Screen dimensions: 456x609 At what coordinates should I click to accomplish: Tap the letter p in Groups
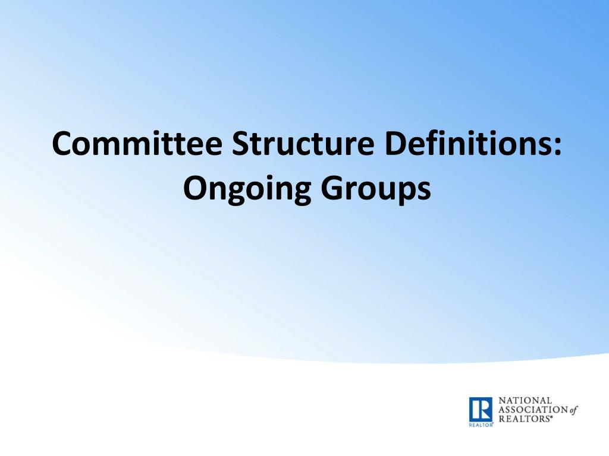[x=403, y=193]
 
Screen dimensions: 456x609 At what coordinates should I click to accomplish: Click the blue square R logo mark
[x=481, y=409]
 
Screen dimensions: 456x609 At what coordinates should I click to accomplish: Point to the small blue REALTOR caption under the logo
[x=481, y=426]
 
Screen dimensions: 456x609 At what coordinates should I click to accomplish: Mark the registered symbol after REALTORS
[x=551, y=417]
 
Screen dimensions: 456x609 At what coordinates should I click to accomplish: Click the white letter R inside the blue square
[x=481, y=409]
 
